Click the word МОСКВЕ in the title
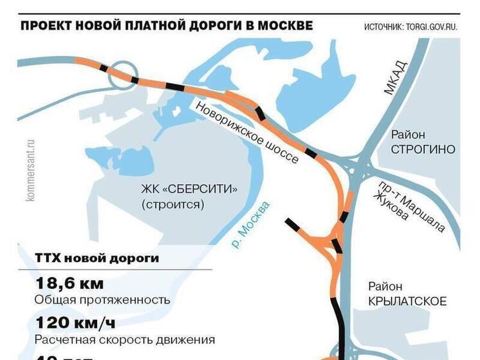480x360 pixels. [281, 26]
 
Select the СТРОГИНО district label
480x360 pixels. [423, 149]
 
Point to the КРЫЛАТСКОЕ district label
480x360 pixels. [407, 301]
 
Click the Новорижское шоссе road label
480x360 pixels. [247, 132]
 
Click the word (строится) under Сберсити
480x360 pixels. [172, 205]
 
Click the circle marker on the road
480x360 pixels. [122, 75]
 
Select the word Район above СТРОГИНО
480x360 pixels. [408, 135]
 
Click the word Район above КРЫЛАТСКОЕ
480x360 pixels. [385, 287]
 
